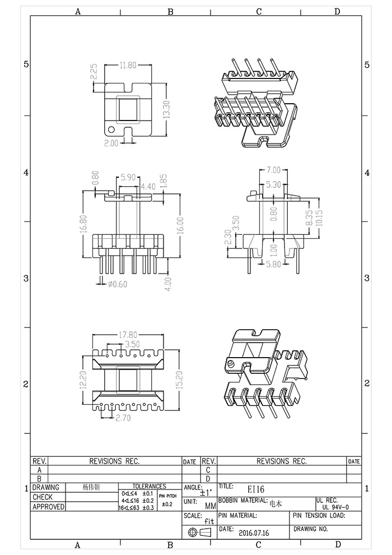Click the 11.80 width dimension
tap(128, 66)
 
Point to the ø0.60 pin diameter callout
tap(117, 284)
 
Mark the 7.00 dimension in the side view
tap(273, 170)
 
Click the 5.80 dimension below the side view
tap(274, 263)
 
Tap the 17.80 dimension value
tap(128, 336)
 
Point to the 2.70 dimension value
tap(123, 418)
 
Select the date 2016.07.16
tap(254, 533)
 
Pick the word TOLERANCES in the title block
tap(149, 486)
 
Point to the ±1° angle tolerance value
tap(206, 493)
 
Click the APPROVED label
tap(48, 507)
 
